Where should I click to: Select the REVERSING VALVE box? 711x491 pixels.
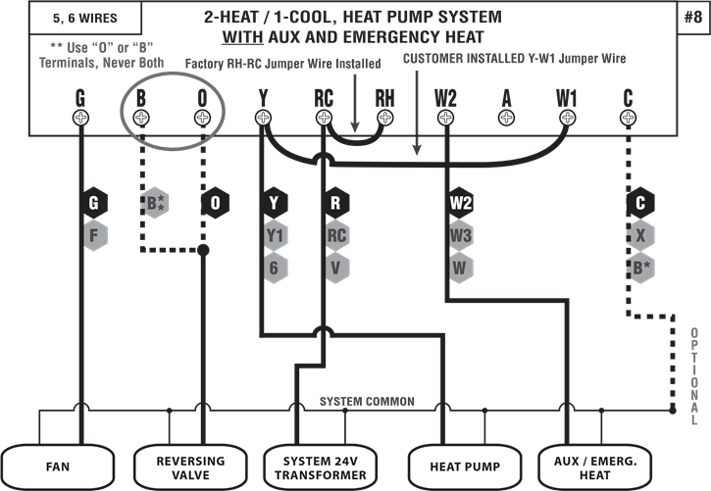coord(190,466)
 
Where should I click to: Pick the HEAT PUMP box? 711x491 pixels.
coord(459,466)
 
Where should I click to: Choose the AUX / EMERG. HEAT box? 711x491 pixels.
coord(595,466)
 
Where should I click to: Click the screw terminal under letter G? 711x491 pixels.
coord(80,118)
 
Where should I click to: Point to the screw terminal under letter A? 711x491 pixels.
coord(506,118)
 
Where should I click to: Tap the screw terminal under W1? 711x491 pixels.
coord(567,118)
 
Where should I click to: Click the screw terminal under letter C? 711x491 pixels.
coord(628,118)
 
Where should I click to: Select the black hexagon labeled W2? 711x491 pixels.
coord(461,203)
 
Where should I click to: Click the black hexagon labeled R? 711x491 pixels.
coord(335,203)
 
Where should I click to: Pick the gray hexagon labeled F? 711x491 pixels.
coord(94,235)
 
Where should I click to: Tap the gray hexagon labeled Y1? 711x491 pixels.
coord(276,235)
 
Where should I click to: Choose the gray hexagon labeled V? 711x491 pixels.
coord(336,267)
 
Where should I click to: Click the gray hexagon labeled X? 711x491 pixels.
coord(640,235)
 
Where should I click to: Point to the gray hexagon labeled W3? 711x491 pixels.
coord(461,235)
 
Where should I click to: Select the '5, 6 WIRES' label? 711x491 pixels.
coord(72,17)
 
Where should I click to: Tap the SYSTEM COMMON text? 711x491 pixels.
coord(367,402)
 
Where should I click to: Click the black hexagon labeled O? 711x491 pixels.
coord(216,203)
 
